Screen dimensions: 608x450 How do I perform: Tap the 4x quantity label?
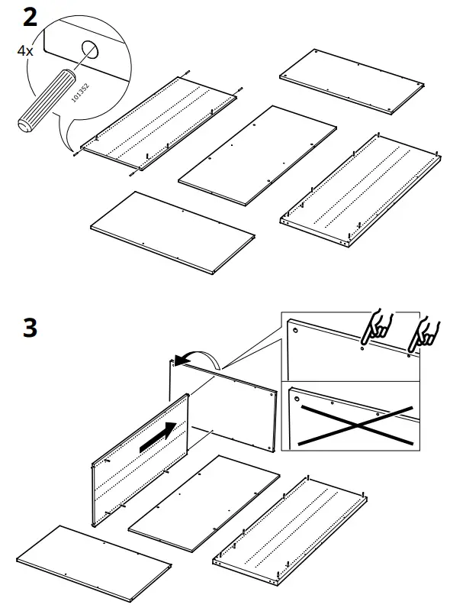[26, 52]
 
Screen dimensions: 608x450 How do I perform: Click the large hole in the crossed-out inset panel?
[294, 396]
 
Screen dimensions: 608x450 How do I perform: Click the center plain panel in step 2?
[257, 156]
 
